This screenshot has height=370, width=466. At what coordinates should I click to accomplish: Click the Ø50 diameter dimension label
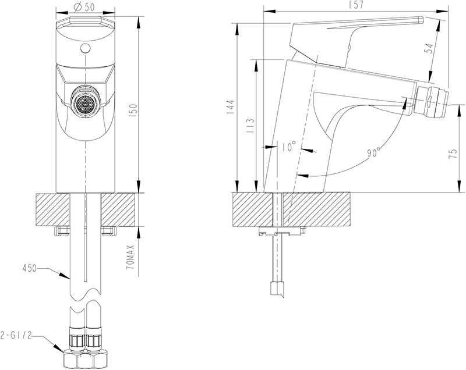(84, 6)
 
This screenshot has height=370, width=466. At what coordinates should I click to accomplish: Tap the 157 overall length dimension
(357, 5)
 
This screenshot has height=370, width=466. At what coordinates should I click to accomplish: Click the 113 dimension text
(250, 126)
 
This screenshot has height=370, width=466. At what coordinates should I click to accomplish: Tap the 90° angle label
(374, 152)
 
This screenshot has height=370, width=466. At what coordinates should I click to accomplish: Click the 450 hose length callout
(29, 268)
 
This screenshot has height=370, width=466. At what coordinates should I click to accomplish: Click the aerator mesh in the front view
(85, 105)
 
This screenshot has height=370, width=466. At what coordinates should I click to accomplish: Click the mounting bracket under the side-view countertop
(281, 232)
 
